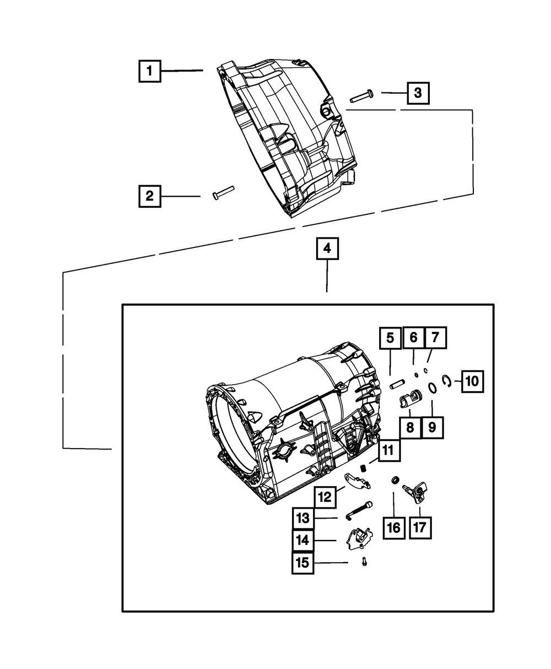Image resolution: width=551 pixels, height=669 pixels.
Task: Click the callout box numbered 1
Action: (x=149, y=71)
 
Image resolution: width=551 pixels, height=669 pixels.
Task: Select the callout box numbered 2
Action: (x=149, y=196)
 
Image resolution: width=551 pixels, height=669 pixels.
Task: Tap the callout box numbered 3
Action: (x=418, y=93)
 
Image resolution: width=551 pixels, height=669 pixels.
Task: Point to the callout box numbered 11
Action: (x=388, y=450)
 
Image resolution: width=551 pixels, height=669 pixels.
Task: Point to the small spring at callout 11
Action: (x=364, y=468)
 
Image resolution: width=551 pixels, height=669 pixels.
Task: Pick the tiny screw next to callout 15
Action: (x=364, y=562)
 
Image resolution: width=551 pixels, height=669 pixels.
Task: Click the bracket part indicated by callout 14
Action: (x=358, y=538)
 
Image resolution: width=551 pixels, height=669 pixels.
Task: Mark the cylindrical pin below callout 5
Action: (x=398, y=383)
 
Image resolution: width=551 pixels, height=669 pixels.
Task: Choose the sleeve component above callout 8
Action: (x=410, y=398)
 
